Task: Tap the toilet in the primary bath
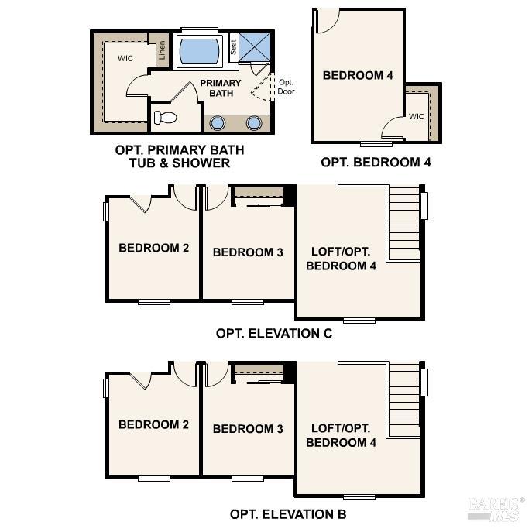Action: coord(165,118)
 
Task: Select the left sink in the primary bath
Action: coord(218,122)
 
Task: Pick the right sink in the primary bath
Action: coord(254,122)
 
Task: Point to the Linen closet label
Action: coord(162,50)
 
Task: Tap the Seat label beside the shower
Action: coord(233,47)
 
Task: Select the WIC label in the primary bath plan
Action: coord(126,58)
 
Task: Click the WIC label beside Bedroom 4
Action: coord(417,117)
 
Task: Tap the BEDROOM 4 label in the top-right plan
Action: coord(358,75)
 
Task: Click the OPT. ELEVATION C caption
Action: coord(274,334)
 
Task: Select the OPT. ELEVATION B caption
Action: coord(287,513)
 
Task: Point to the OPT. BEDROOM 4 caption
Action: coord(376,162)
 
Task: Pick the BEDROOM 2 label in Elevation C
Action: coord(154,248)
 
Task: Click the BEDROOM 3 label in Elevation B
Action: coord(248,428)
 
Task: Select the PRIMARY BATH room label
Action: coord(221,88)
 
